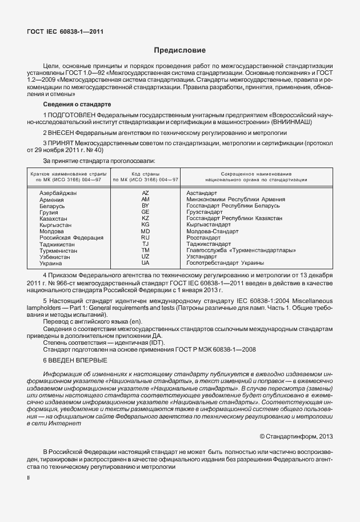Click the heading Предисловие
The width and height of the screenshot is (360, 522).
(179, 51)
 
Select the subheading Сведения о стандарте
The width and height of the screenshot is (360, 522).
(78, 105)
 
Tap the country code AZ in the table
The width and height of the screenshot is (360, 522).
(145, 193)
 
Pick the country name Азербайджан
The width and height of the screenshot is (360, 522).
(58, 193)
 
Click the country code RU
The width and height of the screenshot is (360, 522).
(145, 237)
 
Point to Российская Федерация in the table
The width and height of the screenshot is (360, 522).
(71, 237)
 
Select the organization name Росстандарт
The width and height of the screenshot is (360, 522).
(203, 237)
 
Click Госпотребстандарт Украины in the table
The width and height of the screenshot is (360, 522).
(225, 263)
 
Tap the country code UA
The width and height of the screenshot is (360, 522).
(145, 263)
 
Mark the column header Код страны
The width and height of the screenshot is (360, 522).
(145, 173)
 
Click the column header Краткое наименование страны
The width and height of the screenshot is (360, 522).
(66, 173)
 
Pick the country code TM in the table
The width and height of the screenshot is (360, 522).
(145, 250)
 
